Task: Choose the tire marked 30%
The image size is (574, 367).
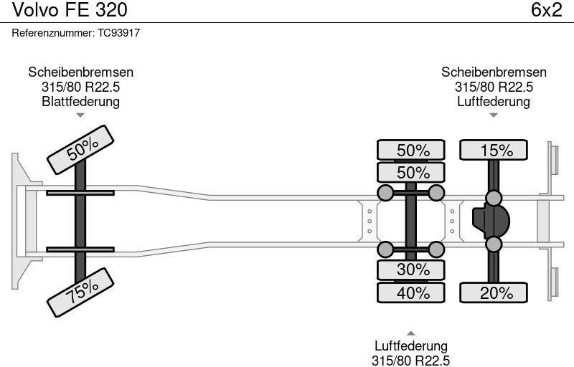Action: (413, 270)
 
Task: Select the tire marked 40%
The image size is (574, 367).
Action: (413, 292)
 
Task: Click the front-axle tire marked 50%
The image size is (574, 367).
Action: (82, 148)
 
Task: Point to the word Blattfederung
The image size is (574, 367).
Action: (80, 101)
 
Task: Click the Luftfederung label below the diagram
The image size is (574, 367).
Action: (411, 346)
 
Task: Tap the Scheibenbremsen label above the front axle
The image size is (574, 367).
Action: (80, 72)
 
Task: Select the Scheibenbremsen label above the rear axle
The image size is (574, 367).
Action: (494, 72)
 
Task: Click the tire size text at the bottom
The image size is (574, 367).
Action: (411, 360)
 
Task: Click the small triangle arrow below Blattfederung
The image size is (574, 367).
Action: (80, 115)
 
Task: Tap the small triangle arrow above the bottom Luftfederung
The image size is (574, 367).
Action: (411, 333)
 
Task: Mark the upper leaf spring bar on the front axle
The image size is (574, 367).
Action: (80, 193)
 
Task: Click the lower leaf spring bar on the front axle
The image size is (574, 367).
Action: (80, 249)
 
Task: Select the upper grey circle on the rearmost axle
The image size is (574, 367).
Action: (494, 198)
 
